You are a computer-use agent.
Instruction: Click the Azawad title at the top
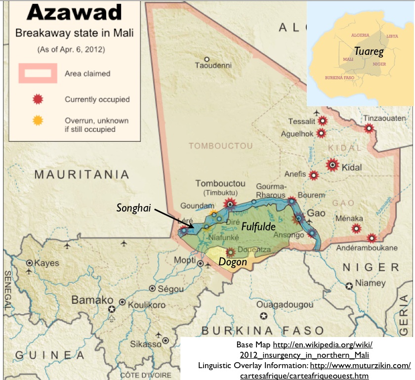pyautogui.click(x=74, y=12)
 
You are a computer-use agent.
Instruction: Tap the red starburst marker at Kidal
pyautogui.click(x=333, y=165)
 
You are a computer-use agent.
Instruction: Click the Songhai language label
pyautogui.click(x=133, y=208)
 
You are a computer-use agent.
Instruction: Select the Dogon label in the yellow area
pyautogui.click(x=233, y=262)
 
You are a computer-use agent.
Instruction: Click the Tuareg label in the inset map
pyautogui.click(x=369, y=51)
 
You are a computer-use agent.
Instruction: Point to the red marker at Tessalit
pyautogui.click(x=323, y=120)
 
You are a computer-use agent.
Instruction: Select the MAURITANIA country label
pyautogui.click(x=82, y=174)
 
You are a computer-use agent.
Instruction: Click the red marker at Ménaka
pyautogui.click(x=355, y=228)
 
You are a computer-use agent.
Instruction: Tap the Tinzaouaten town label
pyautogui.click(x=384, y=118)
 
